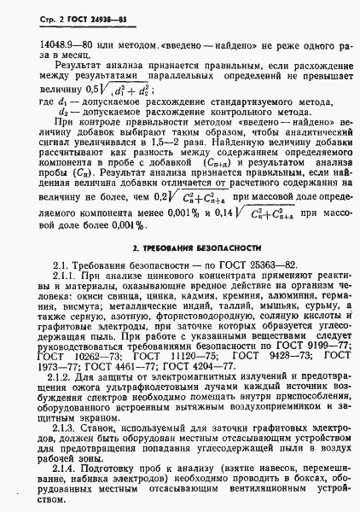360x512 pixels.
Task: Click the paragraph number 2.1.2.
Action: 67,376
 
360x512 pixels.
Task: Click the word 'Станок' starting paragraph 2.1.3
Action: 98,426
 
